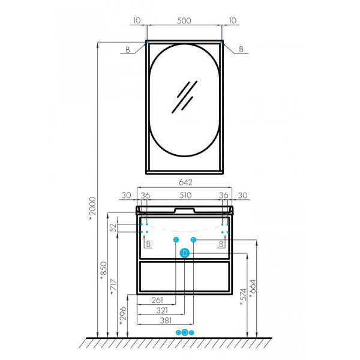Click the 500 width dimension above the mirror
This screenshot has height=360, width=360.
tap(184, 20)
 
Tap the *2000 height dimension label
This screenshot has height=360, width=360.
tap(92, 208)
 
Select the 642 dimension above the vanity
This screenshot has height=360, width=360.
tap(185, 182)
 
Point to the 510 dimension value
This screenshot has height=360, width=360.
tap(185, 196)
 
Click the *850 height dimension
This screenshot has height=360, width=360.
tap(104, 271)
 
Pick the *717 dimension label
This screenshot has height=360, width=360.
tap(113, 287)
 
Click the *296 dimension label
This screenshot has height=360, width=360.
tap(123, 316)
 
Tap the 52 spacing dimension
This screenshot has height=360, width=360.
tap(113, 228)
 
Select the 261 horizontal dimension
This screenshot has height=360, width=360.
tap(157, 300)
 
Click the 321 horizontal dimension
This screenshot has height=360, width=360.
tap(162, 310)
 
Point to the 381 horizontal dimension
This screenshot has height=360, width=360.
tap(166, 320)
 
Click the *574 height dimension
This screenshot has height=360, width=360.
tap(243, 297)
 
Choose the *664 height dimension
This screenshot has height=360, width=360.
tap(253, 289)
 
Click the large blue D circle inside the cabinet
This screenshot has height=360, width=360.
tap(185, 253)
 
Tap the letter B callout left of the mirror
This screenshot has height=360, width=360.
tap(128, 50)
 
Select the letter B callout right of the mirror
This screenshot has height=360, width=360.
tap(241, 49)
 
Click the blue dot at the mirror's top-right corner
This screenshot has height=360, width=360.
tap(221, 42)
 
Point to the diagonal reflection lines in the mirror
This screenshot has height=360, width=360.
tap(185, 97)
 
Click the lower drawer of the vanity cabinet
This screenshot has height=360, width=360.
tap(185, 277)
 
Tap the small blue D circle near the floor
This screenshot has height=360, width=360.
tap(185, 332)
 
